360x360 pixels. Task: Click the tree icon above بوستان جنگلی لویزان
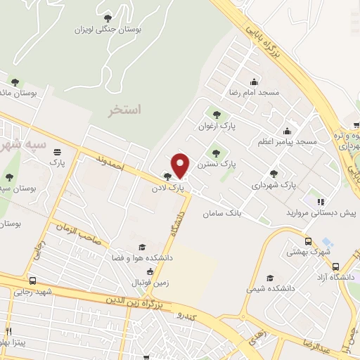pyautogui.click(x=108, y=18)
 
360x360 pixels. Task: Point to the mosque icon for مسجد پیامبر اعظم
pyautogui.click(x=287, y=131)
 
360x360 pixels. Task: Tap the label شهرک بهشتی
pyautogui.click(x=312, y=250)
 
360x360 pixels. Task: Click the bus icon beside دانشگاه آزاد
pyautogui.click(x=336, y=267)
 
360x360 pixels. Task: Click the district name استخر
pyautogui.click(x=124, y=110)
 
